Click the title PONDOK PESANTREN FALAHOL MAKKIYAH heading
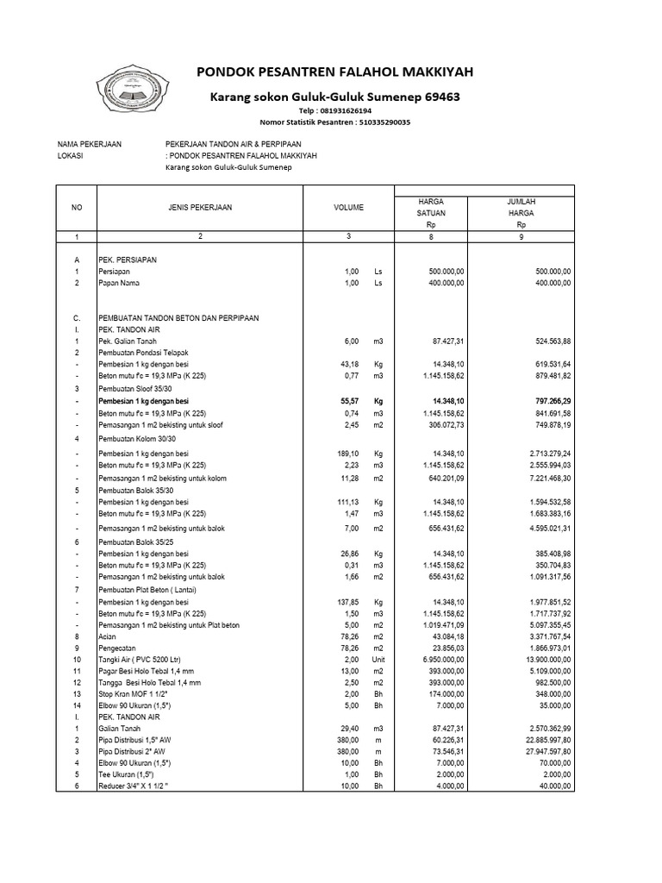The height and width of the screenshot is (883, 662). pyautogui.click(x=335, y=71)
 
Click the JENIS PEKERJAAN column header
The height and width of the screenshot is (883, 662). pyautogui.click(x=200, y=207)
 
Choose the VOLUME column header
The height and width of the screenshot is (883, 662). pyautogui.click(x=349, y=207)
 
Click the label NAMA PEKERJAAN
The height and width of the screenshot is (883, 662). pyautogui.click(x=90, y=143)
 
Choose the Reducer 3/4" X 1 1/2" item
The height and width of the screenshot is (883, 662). pyautogui.click(x=138, y=786)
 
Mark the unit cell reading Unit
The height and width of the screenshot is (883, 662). pyautogui.click(x=378, y=658)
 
